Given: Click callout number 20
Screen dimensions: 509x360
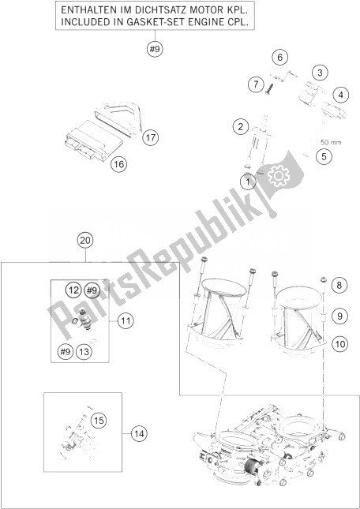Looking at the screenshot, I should (85, 241).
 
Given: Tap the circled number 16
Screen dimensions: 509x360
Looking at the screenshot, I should (118, 165).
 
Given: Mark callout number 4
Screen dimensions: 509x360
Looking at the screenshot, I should (339, 96).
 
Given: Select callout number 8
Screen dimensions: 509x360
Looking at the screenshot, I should (340, 285).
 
